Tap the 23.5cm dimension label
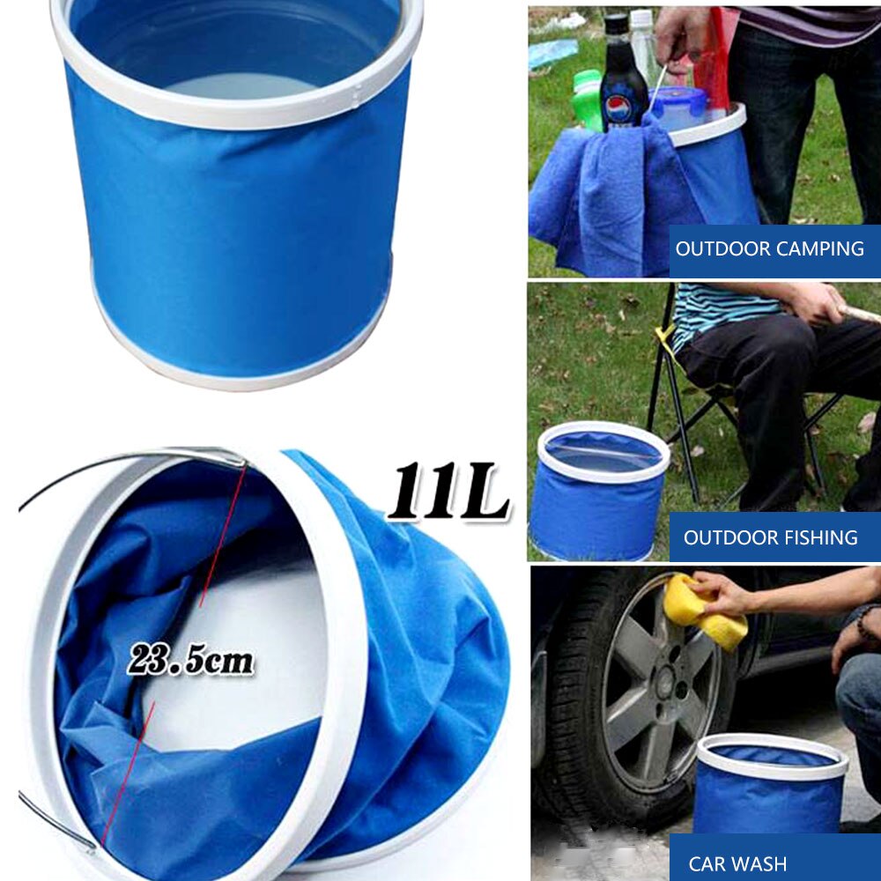tap(190, 659)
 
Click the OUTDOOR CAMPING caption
tap(769, 248)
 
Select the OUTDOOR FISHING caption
tap(770, 537)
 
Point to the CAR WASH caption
tap(737, 864)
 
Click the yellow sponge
tap(705, 610)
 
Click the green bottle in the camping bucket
tap(588, 101)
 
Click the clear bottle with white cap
tap(644, 44)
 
